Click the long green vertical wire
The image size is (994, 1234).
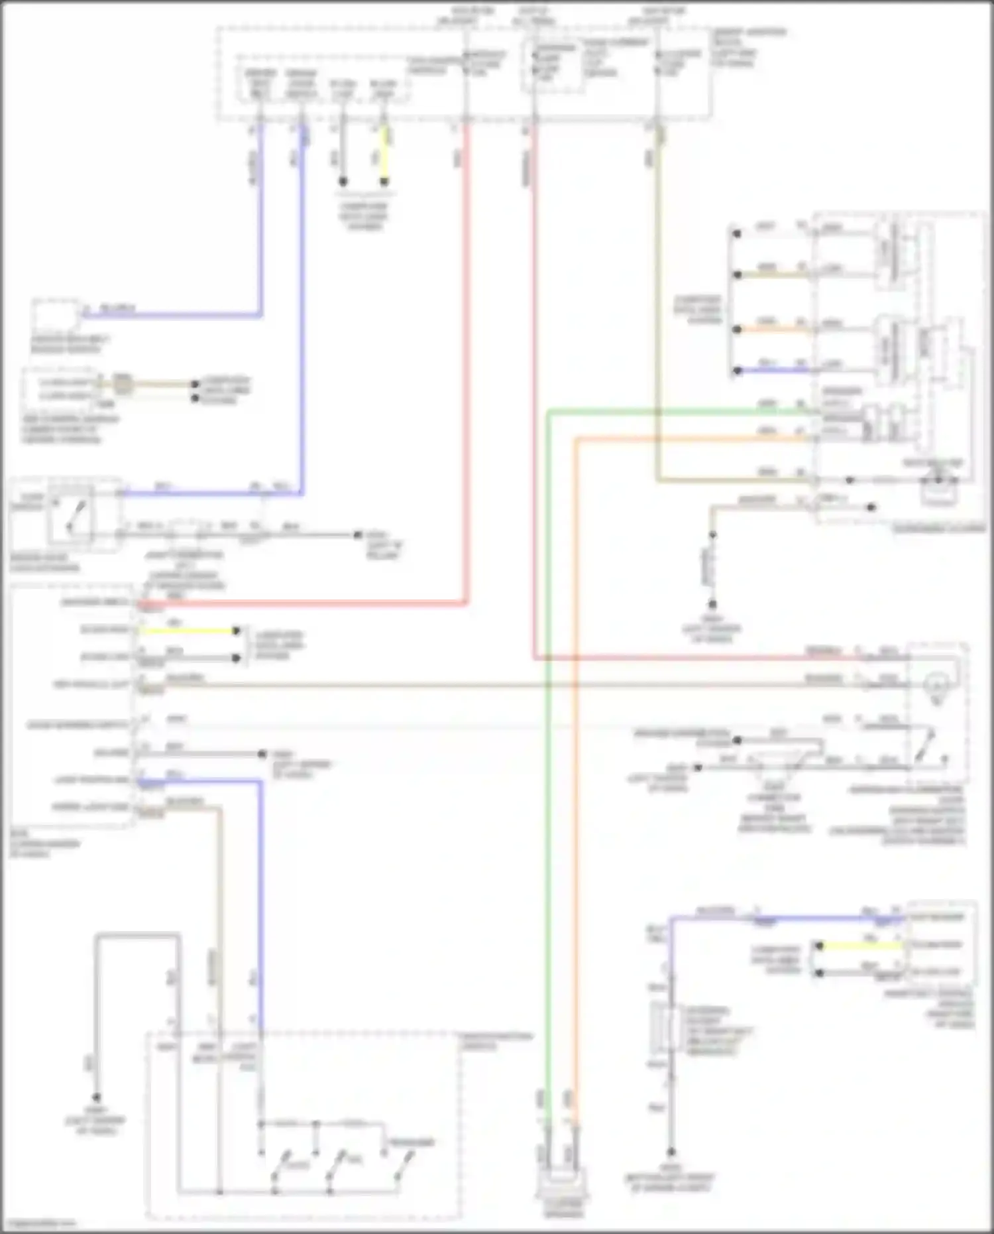548,796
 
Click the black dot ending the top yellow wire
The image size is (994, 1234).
384,182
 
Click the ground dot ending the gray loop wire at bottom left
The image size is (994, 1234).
97,1097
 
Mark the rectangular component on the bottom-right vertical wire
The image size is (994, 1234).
670,1028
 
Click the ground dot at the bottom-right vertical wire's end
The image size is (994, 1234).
671,1152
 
